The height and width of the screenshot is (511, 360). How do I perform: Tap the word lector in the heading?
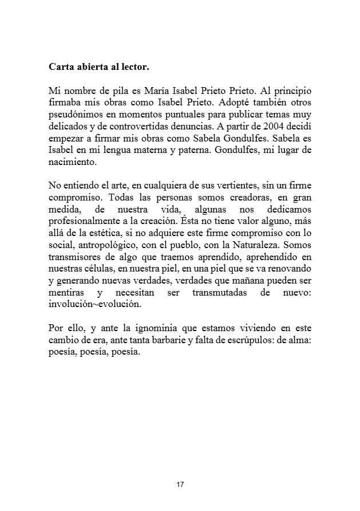click(135, 67)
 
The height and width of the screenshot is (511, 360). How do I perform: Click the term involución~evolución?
click(94, 305)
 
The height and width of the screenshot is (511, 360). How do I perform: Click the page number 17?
click(180, 485)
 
